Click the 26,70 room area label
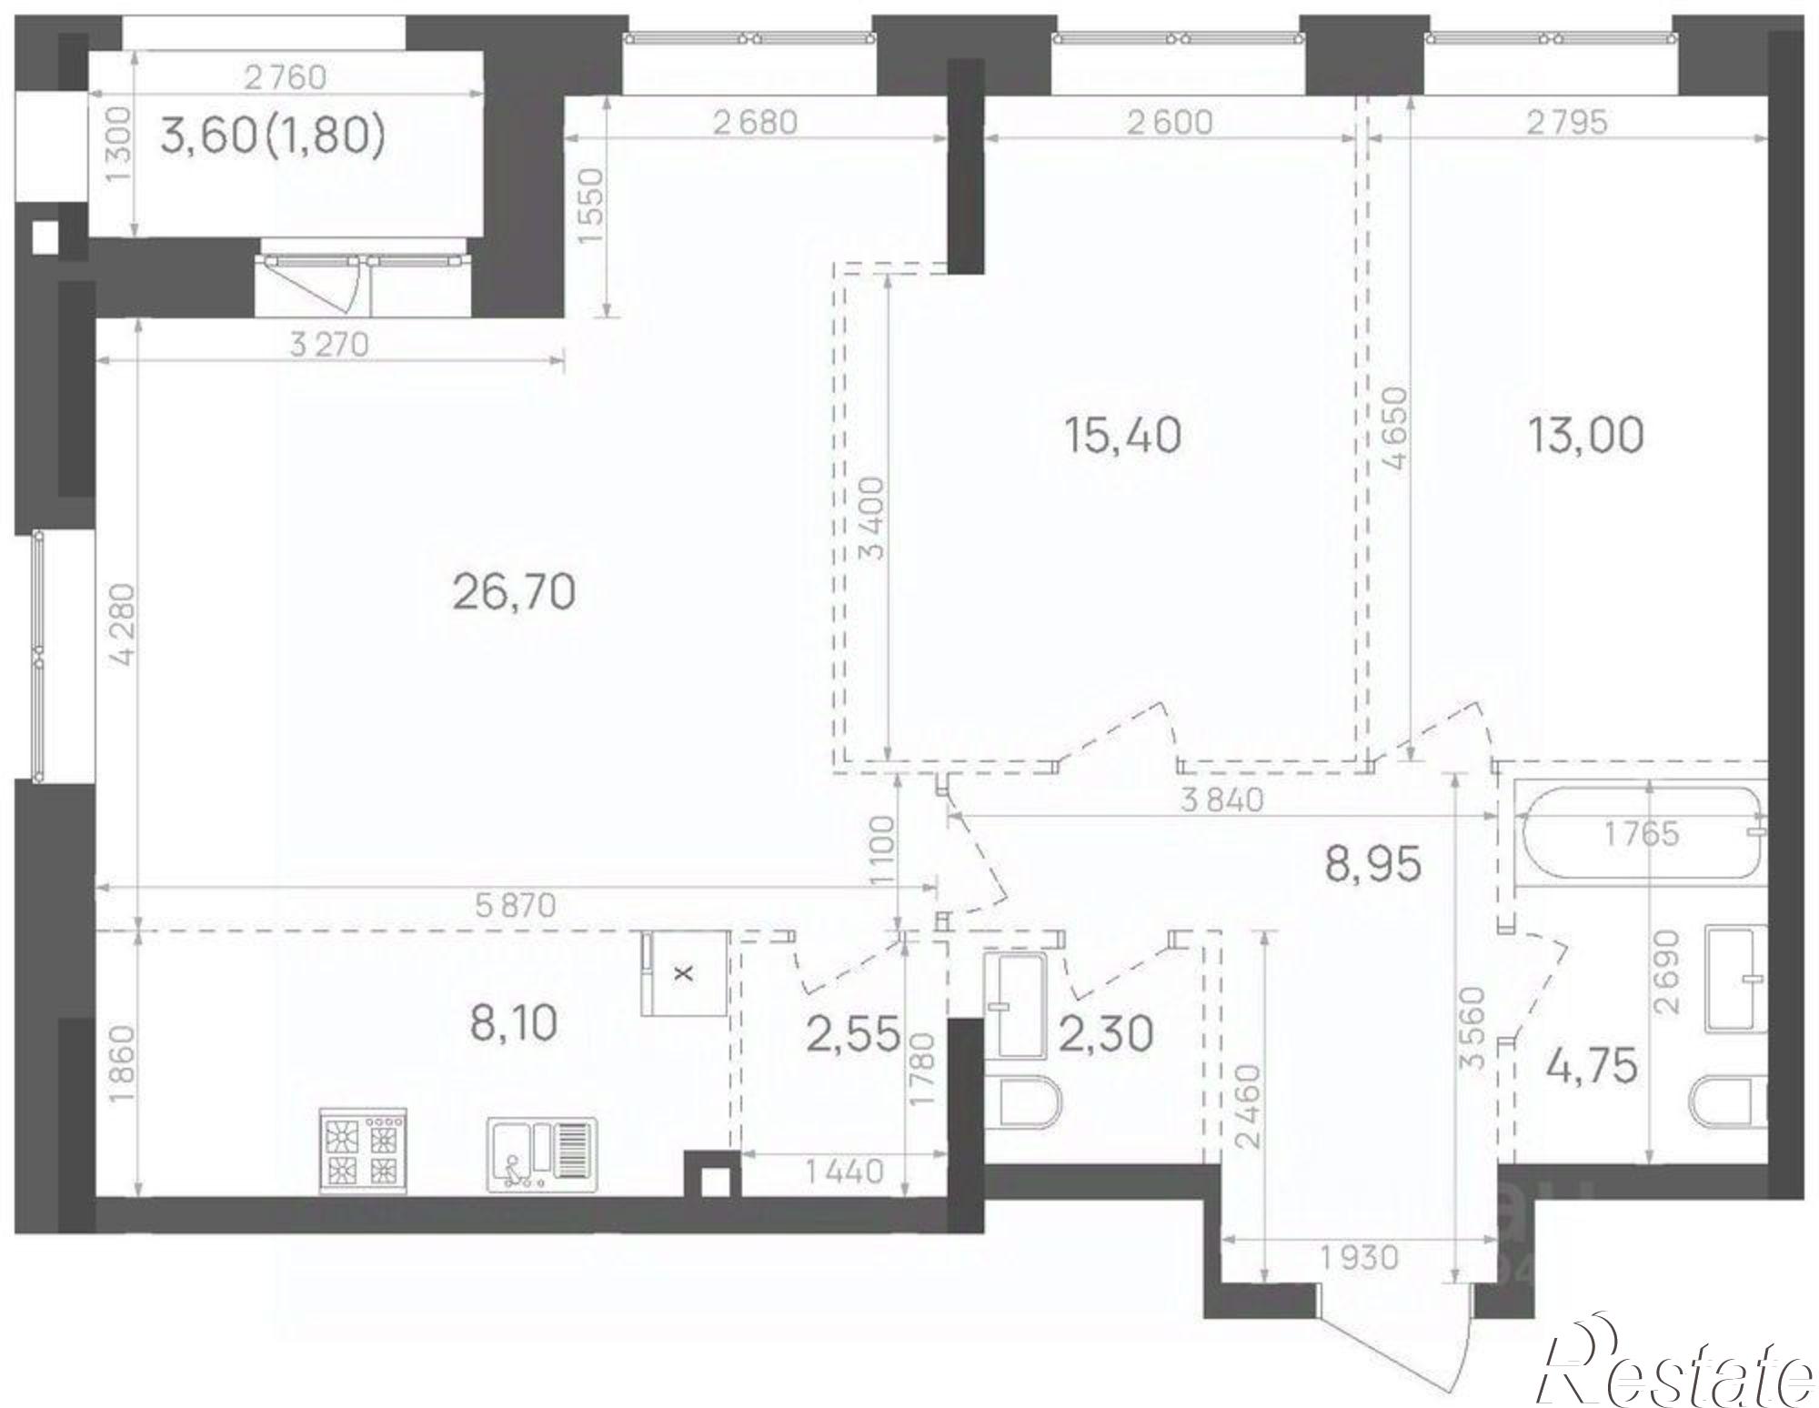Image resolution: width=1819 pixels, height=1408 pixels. [514, 593]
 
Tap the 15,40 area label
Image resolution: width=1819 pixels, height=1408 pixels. [1122, 436]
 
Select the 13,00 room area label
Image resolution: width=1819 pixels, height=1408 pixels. [1584, 436]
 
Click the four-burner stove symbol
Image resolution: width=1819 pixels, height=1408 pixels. [362, 1150]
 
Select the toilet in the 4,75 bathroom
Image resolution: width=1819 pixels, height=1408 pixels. [1727, 1103]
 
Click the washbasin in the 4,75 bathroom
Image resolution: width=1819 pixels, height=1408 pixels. [1734, 979]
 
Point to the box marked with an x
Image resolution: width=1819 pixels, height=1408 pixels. [684, 972]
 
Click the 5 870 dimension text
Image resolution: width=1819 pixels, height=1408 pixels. [515, 905]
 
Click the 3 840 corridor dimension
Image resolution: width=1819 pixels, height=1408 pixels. [1221, 800]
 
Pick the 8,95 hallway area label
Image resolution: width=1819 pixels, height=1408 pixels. [1372, 866]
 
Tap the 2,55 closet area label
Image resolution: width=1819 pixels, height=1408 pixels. [853, 1034]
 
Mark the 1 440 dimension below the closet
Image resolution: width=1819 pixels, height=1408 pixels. [842, 1171]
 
